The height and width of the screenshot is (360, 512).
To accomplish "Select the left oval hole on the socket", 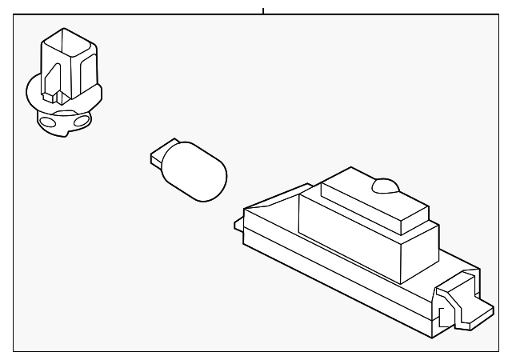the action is (49, 123).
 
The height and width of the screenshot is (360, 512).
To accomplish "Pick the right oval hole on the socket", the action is (81, 122).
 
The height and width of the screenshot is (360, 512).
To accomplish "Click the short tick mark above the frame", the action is (262, 11).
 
